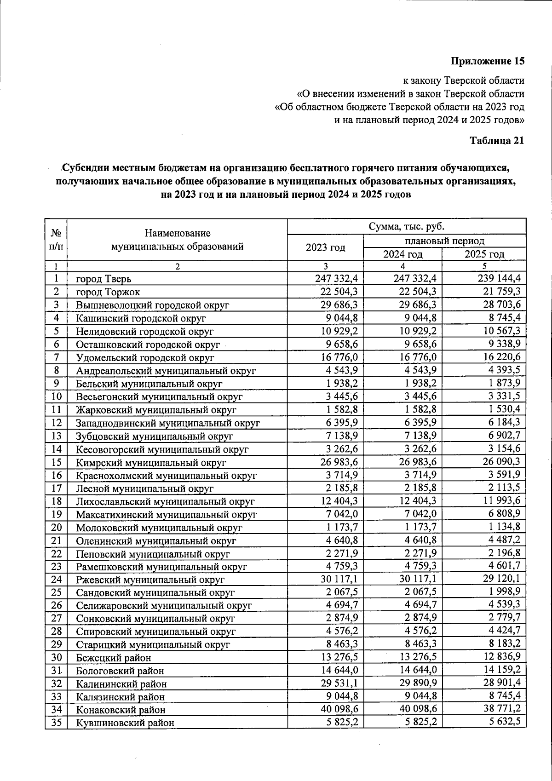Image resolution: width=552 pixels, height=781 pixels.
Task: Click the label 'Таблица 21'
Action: pyautogui.click(x=496, y=141)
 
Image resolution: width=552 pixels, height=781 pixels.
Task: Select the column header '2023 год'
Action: pyautogui.click(x=325, y=247)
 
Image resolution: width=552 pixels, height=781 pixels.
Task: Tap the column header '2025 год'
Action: pyautogui.click(x=484, y=254)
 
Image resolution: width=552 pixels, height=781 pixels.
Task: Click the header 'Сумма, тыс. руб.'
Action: pyautogui.click(x=406, y=226)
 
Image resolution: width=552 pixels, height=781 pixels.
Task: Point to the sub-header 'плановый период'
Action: pyautogui.click(x=444, y=241)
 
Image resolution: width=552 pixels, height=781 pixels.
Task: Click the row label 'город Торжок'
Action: pyautogui.click(x=108, y=292)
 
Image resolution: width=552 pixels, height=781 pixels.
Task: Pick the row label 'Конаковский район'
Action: pyautogui.click(x=121, y=710)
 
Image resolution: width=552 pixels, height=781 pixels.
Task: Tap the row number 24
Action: pyautogui.click(x=56, y=579)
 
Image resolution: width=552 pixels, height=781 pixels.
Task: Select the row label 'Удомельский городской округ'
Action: pyautogui.click(x=145, y=357)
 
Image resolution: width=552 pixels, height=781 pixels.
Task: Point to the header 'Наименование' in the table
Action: pyautogui.click(x=177, y=234)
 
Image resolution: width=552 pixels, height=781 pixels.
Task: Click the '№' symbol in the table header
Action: pyautogui.click(x=56, y=233)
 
